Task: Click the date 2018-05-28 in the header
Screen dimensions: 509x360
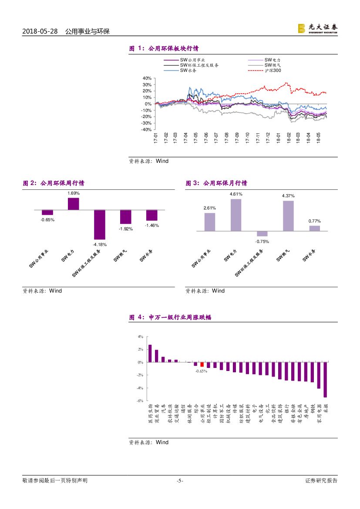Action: click(40, 32)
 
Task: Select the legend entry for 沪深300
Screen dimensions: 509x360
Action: click(273, 71)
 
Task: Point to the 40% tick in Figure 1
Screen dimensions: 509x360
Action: click(147, 78)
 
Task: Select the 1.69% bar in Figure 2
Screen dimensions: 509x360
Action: click(74, 204)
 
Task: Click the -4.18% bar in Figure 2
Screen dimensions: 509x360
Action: click(100, 224)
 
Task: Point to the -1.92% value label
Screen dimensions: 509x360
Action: click(126, 229)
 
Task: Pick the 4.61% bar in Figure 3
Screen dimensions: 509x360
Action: click(236, 215)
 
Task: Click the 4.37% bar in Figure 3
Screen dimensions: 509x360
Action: click(288, 216)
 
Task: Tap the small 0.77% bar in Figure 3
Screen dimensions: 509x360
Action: click(314, 228)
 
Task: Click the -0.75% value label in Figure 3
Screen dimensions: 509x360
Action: click(262, 241)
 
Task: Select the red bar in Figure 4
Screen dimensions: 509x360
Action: click(202, 364)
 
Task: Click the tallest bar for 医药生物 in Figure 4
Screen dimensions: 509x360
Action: click(150, 354)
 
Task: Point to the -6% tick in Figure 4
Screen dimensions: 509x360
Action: click(140, 401)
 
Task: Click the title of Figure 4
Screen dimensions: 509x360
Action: click(170, 318)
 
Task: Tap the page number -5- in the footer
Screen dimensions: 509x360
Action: click(180, 481)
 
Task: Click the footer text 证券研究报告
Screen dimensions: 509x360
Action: click(321, 481)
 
